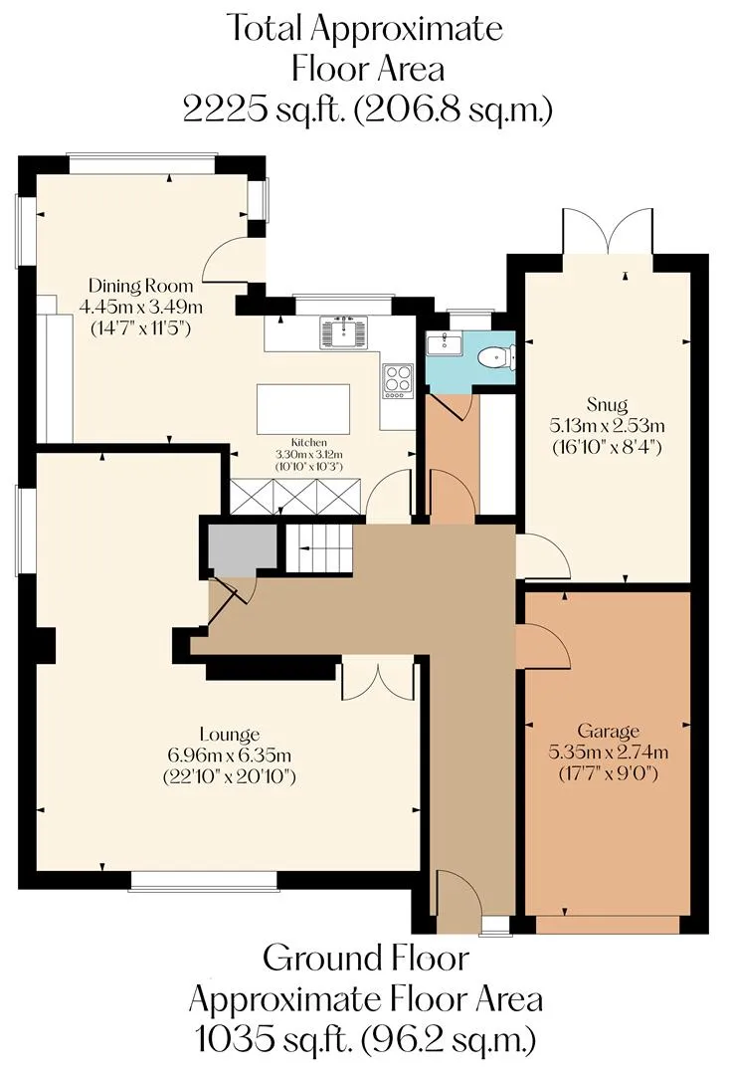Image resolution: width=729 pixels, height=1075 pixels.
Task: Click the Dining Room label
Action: tap(141, 286)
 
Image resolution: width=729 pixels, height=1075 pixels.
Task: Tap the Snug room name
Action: tap(607, 404)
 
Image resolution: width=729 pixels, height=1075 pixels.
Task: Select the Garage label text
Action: tap(609, 731)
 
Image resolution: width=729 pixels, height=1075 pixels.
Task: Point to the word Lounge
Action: tap(230, 735)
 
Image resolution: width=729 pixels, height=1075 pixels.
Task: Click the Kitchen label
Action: tap(309, 443)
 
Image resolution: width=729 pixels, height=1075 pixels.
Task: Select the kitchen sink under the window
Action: tap(344, 331)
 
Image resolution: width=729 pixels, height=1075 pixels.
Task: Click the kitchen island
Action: tap(302, 409)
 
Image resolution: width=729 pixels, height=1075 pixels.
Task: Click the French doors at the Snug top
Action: tap(608, 232)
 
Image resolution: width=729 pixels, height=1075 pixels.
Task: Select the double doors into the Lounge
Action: tap(378, 679)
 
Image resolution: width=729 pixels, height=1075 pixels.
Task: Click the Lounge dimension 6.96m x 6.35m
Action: tap(230, 755)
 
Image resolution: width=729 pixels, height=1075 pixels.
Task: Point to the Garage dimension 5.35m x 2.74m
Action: tap(609, 752)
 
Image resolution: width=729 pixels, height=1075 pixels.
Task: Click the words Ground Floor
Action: tap(367, 959)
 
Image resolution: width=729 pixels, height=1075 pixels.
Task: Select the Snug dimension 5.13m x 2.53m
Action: tap(607, 426)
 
